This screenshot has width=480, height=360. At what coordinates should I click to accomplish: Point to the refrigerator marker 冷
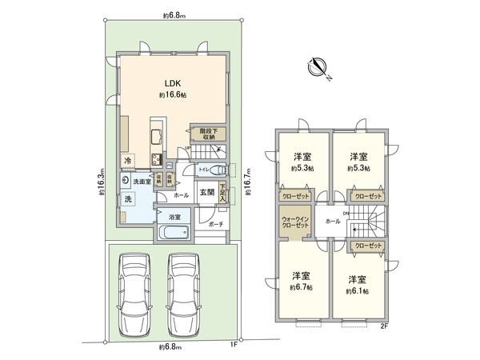[128, 162]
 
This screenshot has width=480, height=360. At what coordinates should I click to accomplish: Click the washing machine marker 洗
[128, 198]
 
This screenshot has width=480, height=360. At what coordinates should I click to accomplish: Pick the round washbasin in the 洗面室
[126, 181]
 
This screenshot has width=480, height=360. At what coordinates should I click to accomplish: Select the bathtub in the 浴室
[173, 234]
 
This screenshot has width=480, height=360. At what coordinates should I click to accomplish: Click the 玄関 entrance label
[206, 192]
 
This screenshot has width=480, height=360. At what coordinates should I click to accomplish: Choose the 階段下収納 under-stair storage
[209, 134]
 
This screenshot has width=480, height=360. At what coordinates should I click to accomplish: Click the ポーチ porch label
[215, 226]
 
